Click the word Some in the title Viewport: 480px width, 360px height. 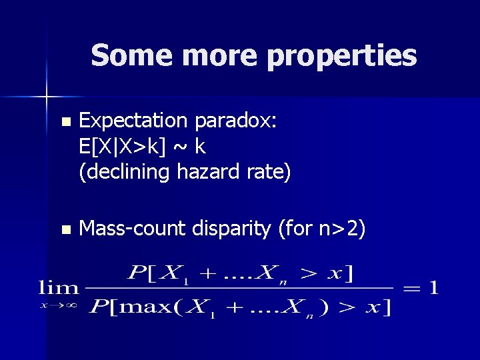tap(124, 56)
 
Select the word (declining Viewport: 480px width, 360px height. tap(125, 172)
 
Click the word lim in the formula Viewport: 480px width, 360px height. tap(59, 288)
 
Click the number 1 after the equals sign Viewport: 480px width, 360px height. tap(434, 288)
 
